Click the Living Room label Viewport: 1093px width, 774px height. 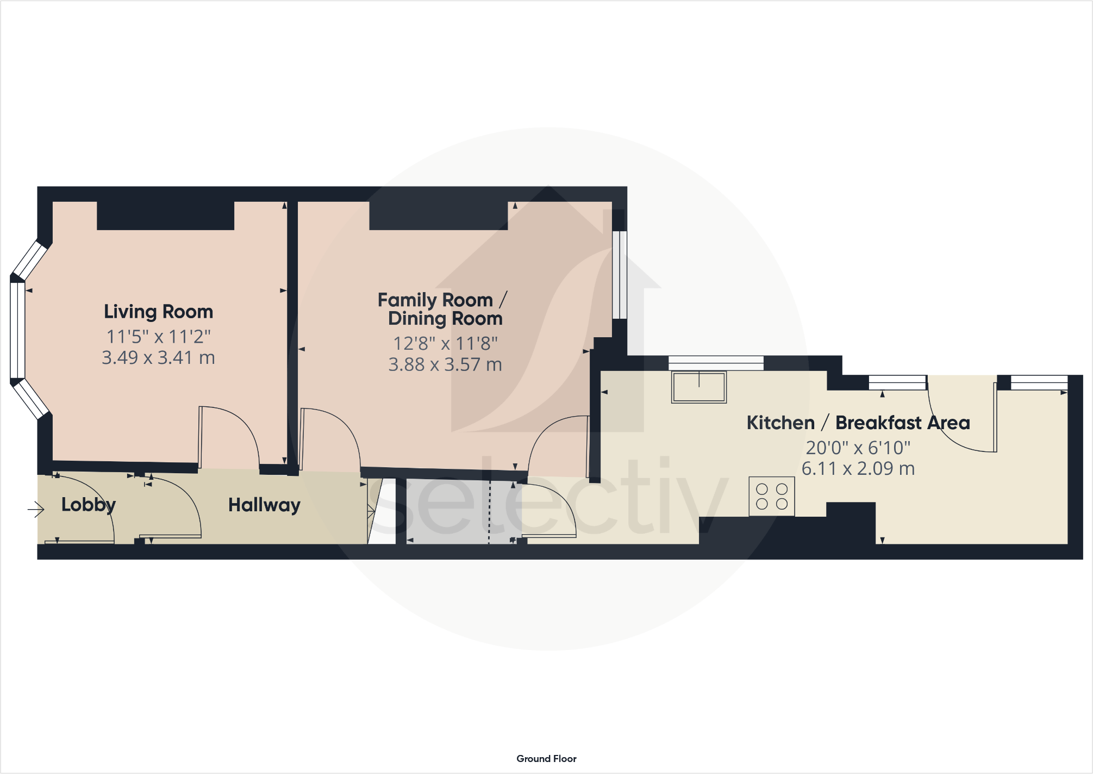[158, 312]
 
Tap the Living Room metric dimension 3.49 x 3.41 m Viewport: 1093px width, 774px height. [158, 358]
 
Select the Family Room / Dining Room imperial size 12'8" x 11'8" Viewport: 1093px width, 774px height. [445, 344]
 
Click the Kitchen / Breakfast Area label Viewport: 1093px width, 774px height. [858, 423]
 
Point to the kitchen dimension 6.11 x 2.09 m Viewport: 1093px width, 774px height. [858, 468]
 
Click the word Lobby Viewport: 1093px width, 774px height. [88, 505]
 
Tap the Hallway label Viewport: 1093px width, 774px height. [264, 505]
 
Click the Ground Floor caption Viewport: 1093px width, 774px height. [546, 758]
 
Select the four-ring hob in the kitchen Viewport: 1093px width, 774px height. [771, 496]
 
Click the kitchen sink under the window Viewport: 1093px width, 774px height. [698, 387]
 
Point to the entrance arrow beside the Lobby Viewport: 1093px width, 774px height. [35, 509]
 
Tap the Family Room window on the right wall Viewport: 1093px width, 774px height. [620, 275]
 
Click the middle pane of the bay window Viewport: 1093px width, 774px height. [17, 330]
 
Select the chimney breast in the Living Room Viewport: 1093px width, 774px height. [165, 215]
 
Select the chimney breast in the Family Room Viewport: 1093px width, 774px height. [438, 215]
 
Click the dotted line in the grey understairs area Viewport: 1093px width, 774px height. [489, 511]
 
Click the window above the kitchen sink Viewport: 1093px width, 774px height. [715, 363]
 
